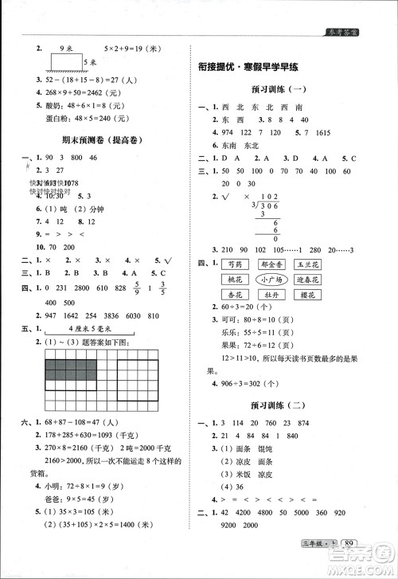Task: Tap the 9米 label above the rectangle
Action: click(x=67, y=49)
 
